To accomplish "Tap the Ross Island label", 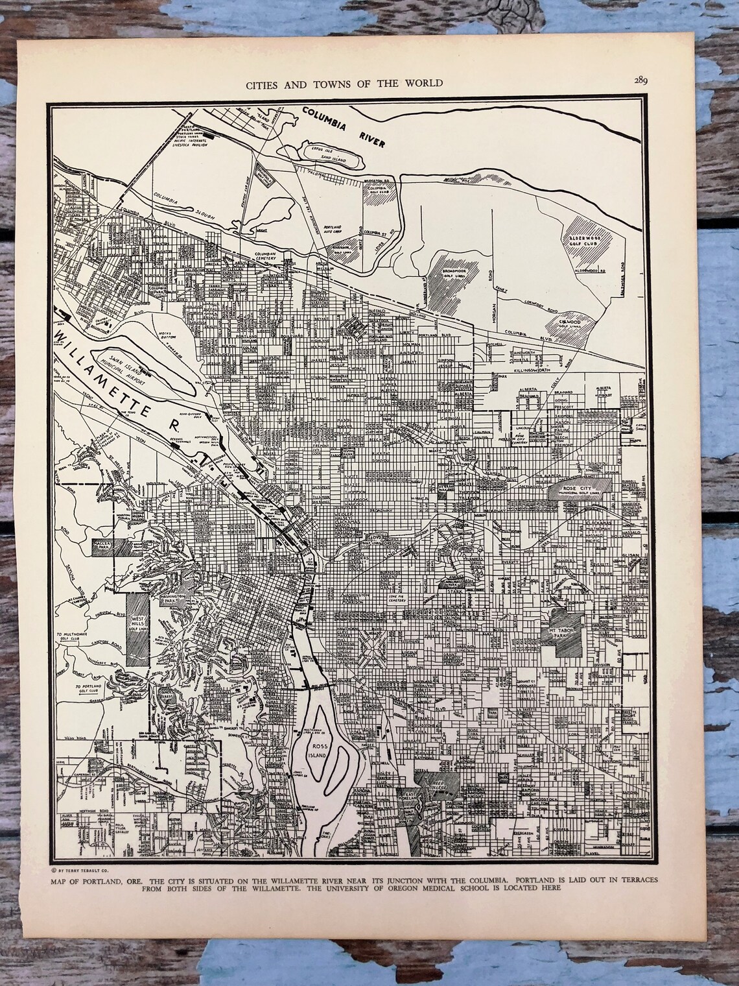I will pyautogui.click(x=318, y=751).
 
